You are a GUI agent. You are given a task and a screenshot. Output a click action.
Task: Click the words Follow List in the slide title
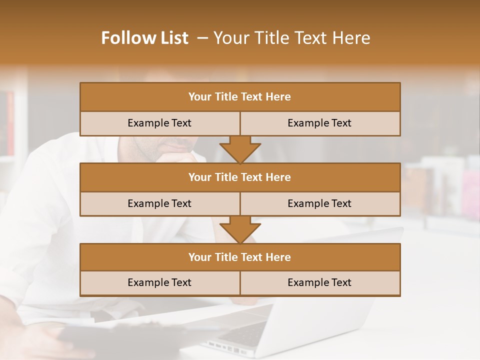point(145,38)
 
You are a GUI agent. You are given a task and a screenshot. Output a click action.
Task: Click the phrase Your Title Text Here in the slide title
point(291,38)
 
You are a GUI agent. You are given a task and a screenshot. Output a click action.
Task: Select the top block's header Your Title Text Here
point(239,97)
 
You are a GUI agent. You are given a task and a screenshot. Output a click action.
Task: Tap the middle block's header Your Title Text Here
point(239,177)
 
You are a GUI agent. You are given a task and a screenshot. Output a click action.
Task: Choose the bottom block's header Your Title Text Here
point(239,257)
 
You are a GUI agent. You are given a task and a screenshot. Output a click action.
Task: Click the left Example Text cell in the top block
point(159,123)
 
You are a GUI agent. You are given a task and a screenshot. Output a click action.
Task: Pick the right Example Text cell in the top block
point(319,123)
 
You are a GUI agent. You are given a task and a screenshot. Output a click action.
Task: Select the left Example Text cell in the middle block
point(159,203)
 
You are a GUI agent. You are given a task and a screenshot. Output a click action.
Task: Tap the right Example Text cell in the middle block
point(319,203)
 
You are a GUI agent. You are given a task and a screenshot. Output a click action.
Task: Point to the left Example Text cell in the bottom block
point(159,282)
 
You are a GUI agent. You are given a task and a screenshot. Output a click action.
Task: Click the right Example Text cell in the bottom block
point(319,282)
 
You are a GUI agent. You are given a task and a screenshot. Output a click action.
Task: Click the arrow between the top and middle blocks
point(240,149)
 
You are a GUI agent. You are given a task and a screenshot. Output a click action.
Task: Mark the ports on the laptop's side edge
point(225,347)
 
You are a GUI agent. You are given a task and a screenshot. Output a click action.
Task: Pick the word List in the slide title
point(172,38)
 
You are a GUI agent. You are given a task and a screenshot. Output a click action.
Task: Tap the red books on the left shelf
point(10,122)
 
